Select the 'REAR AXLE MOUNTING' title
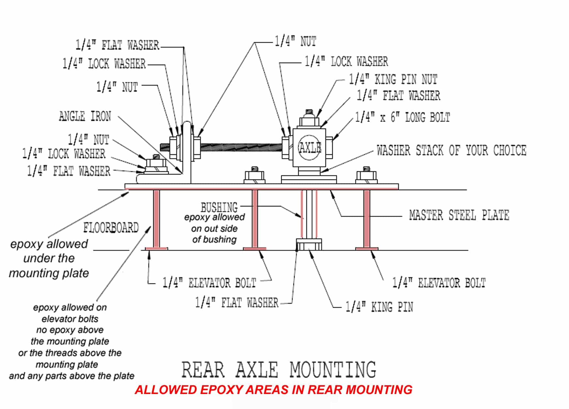(x=279, y=370)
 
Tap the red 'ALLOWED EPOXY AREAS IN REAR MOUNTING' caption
(x=273, y=390)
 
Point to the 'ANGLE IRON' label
(x=85, y=116)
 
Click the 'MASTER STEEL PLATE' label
(x=459, y=215)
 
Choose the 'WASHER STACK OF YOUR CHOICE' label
(x=451, y=151)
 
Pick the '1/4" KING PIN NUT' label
(x=393, y=80)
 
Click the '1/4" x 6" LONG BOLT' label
(x=402, y=117)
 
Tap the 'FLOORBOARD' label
(x=111, y=228)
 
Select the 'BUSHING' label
(x=219, y=207)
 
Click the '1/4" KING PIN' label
(x=379, y=307)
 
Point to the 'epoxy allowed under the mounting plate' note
(x=49, y=258)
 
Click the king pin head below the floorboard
(x=309, y=244)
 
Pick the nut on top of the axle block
(x=309, y=121)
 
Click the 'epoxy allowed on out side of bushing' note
(x=214, y=228)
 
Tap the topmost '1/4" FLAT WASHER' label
(x=117, y=45)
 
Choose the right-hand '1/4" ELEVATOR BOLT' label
(x=439, y=283)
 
